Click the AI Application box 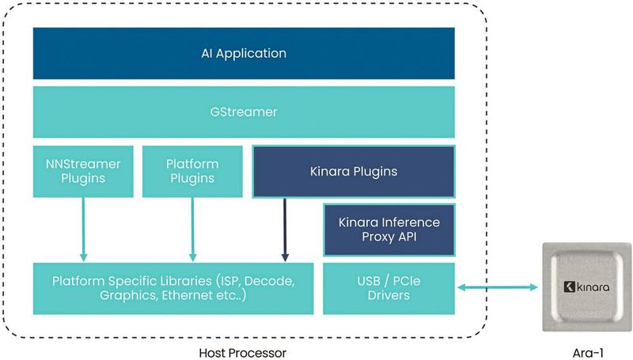pos(244,54)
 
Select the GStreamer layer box pos(244,112)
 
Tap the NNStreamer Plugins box pos(83,171)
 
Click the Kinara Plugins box pos(353,171)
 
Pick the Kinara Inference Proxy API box pos(389,229)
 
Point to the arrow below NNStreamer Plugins pos(83,229)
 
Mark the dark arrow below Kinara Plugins pos(285,229)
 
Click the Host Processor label pos(244,353)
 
